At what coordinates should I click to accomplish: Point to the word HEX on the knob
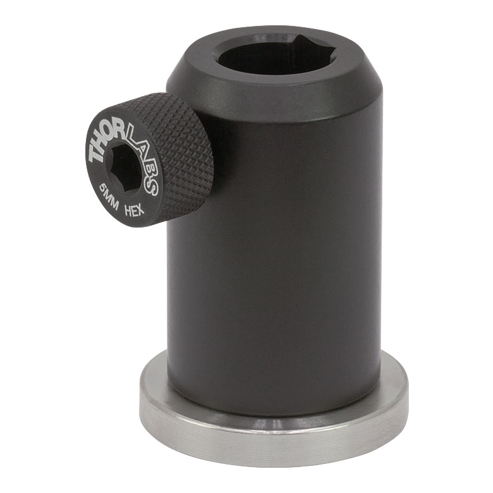(x=135, y=209)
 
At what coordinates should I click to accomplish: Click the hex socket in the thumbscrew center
(x=126, y=167)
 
